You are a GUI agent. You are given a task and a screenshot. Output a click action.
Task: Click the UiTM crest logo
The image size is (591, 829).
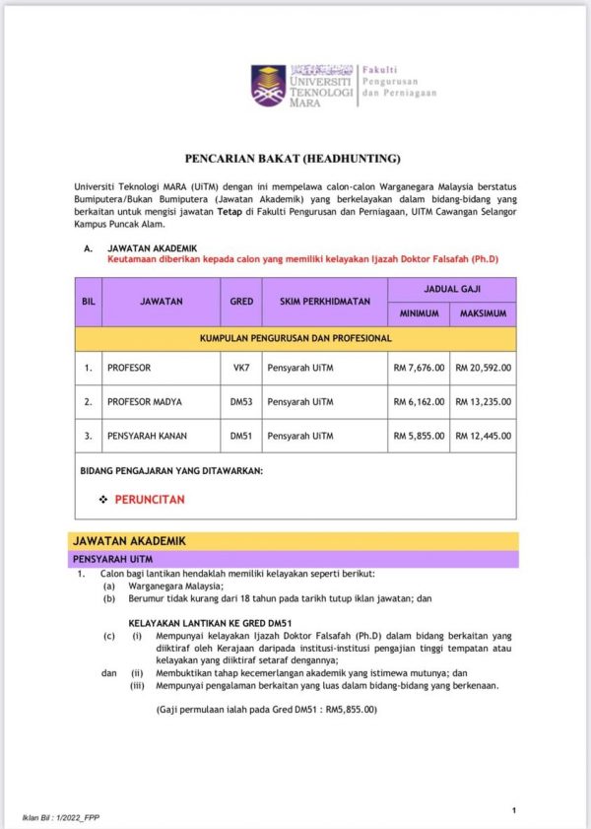[x=268, y=86]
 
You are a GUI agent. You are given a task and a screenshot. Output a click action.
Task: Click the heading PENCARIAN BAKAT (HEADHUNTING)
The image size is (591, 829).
[x=294, y=158]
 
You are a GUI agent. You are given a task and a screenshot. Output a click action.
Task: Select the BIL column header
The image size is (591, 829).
[x=88, y=302]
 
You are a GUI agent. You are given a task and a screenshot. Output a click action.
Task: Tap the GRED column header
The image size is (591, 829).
[x=241, y=302]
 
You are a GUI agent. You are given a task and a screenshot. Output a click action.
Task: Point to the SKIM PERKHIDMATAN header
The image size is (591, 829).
[x=324, y=302]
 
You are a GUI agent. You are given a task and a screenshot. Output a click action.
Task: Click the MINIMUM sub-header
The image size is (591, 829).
[x=419, y=314]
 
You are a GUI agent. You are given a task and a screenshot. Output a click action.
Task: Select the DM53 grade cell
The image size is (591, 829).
[x=241, y=401]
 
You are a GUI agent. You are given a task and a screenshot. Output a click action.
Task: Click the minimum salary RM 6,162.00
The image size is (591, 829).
[x=420, y=401]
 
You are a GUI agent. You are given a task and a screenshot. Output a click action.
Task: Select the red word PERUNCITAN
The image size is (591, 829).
[x=150, y=500]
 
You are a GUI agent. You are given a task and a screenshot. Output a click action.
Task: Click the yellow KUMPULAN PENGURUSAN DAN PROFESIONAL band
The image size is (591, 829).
[x=295, y=338]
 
